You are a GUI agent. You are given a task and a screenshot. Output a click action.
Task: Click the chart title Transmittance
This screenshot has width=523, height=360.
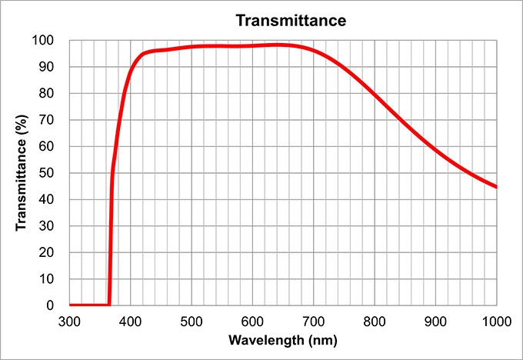click(x=291, y=20)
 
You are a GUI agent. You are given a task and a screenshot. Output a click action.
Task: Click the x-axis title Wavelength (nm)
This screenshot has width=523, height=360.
click(x=282, y=339)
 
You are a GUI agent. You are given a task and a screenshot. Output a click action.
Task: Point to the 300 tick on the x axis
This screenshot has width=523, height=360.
click(x=69, y=320)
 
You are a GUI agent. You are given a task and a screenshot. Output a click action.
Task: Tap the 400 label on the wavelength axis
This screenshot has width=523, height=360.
click(x=130, y=320)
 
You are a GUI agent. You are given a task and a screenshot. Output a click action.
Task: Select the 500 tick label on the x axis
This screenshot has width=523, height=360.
click(x=192, y=320)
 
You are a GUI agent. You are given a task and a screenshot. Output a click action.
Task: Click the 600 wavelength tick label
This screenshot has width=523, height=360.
click(x=252, y=320)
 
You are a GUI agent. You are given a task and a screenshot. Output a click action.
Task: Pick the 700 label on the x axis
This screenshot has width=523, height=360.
click(x=313, y=320)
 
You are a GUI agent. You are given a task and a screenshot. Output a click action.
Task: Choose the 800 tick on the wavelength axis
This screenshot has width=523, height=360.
click(x=375, y=320)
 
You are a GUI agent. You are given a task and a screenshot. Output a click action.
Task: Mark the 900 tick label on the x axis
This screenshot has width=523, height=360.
click(x=435, y=320)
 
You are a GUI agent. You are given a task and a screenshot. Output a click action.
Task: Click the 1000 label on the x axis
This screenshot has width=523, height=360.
click(x=495, y=320)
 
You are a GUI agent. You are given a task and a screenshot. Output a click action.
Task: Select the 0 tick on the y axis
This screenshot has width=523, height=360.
click(x=52, y=305)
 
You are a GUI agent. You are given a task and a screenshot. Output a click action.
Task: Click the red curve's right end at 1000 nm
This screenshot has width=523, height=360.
click(x=496, y=187)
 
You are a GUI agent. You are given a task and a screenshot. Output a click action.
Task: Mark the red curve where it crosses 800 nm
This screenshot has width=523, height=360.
click(x=375, y=95)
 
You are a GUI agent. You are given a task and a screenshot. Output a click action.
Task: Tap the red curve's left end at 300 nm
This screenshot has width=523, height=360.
click(x=70, y=305)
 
